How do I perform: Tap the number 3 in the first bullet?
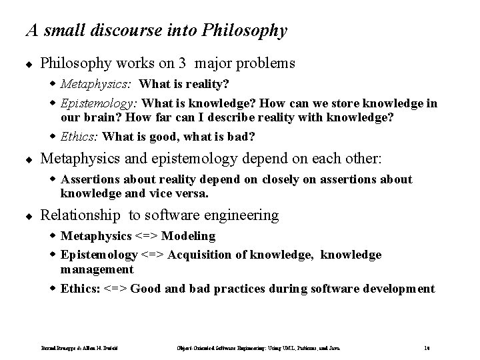click(x=182, y=64)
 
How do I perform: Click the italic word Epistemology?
click(x=99, y=103)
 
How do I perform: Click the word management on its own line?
click(x=97, y=269)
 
